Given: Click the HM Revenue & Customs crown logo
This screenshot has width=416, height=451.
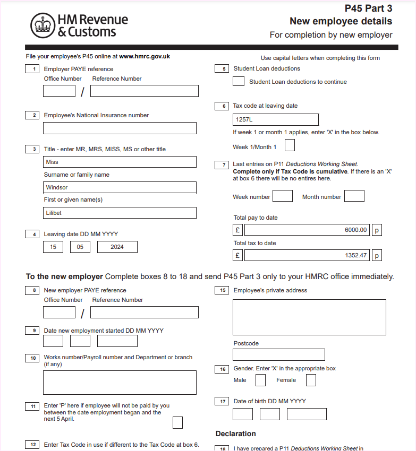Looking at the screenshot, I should pos(43,25).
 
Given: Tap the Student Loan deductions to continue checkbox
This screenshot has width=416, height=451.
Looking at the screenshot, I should pos(239,81).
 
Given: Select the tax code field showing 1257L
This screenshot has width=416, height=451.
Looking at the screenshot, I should pos(276,119).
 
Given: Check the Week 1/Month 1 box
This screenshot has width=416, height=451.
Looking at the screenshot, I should pos(290,145).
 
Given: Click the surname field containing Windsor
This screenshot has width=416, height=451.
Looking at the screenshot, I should pos(120,187).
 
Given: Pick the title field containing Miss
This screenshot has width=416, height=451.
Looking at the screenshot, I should pos(120,162).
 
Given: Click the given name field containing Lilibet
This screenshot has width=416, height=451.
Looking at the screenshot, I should pos(120,213).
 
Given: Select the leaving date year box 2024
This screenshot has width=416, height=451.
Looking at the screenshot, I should pos(117,247).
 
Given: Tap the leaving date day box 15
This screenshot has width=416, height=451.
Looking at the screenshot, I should pos(53,247).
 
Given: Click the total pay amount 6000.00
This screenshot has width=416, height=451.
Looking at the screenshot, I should pos(307,230).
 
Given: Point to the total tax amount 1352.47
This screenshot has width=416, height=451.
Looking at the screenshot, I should pos(307,255).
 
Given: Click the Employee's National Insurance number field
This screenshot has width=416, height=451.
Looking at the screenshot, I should pos(120,128).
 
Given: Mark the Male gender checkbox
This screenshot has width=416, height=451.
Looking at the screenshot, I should pos(260,380).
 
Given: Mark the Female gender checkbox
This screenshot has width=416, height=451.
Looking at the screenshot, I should pos(311,380).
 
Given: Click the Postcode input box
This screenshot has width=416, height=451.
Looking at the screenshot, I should pos(279,354).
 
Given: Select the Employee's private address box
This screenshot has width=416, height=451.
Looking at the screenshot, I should pos(309,317).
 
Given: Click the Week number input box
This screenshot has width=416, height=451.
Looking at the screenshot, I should pos(283,196).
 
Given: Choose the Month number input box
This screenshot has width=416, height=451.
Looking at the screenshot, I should pos(354,196).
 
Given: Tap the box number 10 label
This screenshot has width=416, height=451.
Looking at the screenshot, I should pos(32,358).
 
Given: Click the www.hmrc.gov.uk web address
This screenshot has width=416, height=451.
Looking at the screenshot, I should pos(145,56).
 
